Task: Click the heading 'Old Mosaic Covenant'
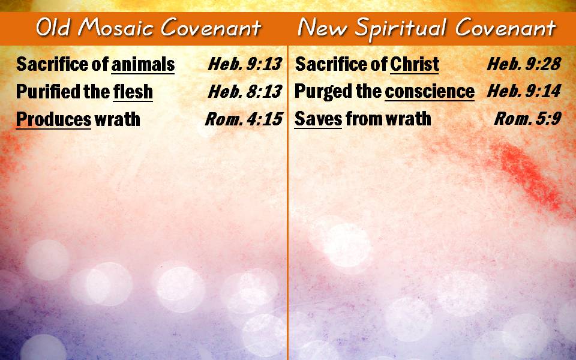[x=149, y=28]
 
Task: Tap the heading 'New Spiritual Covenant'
[x=427, y=28]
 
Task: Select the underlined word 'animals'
[x=143, y=64]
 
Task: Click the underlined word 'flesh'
[x=133, y=91]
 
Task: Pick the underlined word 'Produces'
[x=53, y=119]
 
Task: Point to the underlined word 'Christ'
[x=415, y=64]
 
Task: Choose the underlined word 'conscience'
[x=430, y=91]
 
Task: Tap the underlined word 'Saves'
[x=318, y=119]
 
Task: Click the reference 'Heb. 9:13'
[x=245, y=64]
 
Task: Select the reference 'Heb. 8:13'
[x=245, y=91]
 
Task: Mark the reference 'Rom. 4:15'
[x=244, y=119]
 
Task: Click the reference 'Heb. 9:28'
[x=524, y=64]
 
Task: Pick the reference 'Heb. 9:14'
[x=524, y=91]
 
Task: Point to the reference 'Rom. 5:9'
[x=528, y=118]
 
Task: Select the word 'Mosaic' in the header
[x=116, y=28]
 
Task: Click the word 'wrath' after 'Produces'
[x=117, y=119]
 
